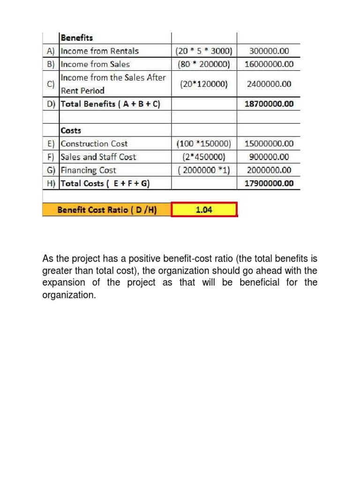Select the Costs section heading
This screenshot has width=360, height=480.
coord(71,130)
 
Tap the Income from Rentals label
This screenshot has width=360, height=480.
coord(100,51)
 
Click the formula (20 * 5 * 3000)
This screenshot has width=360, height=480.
coord(204,51)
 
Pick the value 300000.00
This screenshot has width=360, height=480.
coord(269,51)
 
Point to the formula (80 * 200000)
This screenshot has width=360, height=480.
coord(204,64)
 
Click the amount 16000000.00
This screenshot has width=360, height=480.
coord(269,64)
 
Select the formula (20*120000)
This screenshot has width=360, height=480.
coord(204,84)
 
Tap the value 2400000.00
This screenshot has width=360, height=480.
coord(269,84)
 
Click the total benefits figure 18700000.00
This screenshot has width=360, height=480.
coord(269,104)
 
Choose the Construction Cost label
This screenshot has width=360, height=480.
coord(94,144)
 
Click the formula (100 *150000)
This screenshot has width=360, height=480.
coord(204,144)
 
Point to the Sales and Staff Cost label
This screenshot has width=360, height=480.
coord(98,157)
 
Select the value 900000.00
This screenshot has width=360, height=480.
coord(269,157)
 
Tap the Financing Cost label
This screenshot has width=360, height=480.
coord(89,170)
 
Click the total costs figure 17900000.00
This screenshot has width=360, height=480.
coord(269,183)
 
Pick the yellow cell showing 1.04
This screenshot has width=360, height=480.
coord(204,210)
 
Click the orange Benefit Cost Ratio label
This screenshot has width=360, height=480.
coord(107,210)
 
